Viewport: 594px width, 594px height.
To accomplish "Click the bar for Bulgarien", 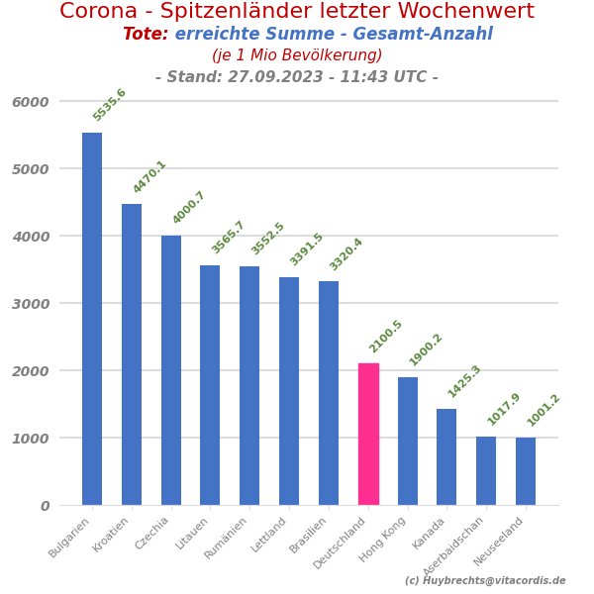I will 92,319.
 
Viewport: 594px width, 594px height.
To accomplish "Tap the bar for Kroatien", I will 132,354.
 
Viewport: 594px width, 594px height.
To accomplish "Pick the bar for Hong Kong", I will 408,441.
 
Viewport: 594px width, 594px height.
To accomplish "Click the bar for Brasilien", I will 329,393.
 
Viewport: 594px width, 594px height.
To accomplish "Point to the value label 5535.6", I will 110,105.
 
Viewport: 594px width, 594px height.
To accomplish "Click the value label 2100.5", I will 386,336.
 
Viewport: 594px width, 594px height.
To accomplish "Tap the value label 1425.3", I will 464,381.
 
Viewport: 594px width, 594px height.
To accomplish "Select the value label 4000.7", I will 189,208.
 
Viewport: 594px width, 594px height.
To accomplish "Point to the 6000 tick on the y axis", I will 30,102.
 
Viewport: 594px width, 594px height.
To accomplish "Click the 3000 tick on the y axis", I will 30,304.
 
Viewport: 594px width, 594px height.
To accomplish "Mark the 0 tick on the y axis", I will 45,506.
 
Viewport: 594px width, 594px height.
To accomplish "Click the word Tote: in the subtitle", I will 146,35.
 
